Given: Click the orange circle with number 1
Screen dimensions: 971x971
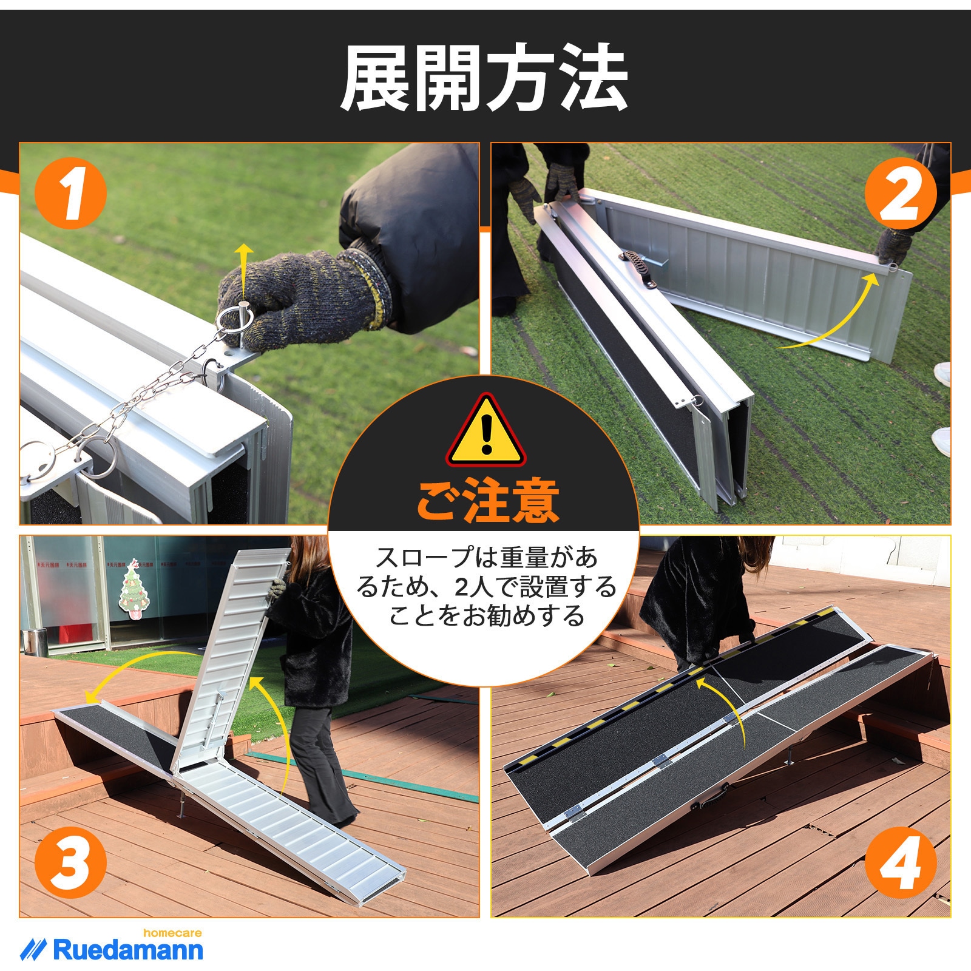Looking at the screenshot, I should click(70, 192).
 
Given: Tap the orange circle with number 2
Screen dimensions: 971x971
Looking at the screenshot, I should click(900, 192).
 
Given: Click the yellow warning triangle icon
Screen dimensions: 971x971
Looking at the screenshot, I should click(486, 432).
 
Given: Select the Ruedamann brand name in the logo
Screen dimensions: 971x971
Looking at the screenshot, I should click(128, 950).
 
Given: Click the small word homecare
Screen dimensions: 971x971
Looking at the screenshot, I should click(172, 933).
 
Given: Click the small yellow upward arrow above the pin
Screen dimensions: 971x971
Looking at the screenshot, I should click(244, 267).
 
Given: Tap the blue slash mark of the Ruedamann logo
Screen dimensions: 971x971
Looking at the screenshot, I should click(33, 949).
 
